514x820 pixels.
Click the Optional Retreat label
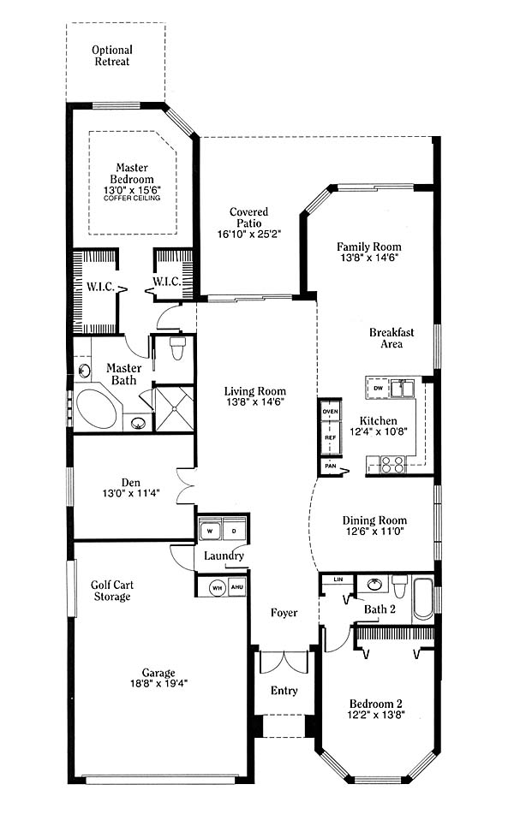pos(112,56)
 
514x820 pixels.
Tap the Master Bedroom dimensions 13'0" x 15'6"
pos(132,190)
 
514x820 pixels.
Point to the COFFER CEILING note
pos(132,199)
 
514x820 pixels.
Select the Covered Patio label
pos(249,217)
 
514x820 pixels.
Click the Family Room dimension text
pos(369,258)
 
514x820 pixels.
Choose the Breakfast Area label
pos(391,338)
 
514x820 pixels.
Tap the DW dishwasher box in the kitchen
pos(379,388)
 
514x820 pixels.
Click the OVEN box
pos(331,412)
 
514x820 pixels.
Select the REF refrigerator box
pos(331,437)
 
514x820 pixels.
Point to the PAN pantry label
pos(331,466)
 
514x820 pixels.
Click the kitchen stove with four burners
pos(393,465)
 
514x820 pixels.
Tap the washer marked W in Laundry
pos(211,531)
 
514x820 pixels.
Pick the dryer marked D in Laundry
pos(234,531)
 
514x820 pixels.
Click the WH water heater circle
pos(218,588)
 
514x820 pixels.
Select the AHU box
pos(236,587)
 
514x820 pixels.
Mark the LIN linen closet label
pos(338,579)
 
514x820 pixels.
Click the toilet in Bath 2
pos(399,586)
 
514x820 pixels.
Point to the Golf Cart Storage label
pos(111,591)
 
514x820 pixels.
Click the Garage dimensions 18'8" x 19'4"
pos(158,683)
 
